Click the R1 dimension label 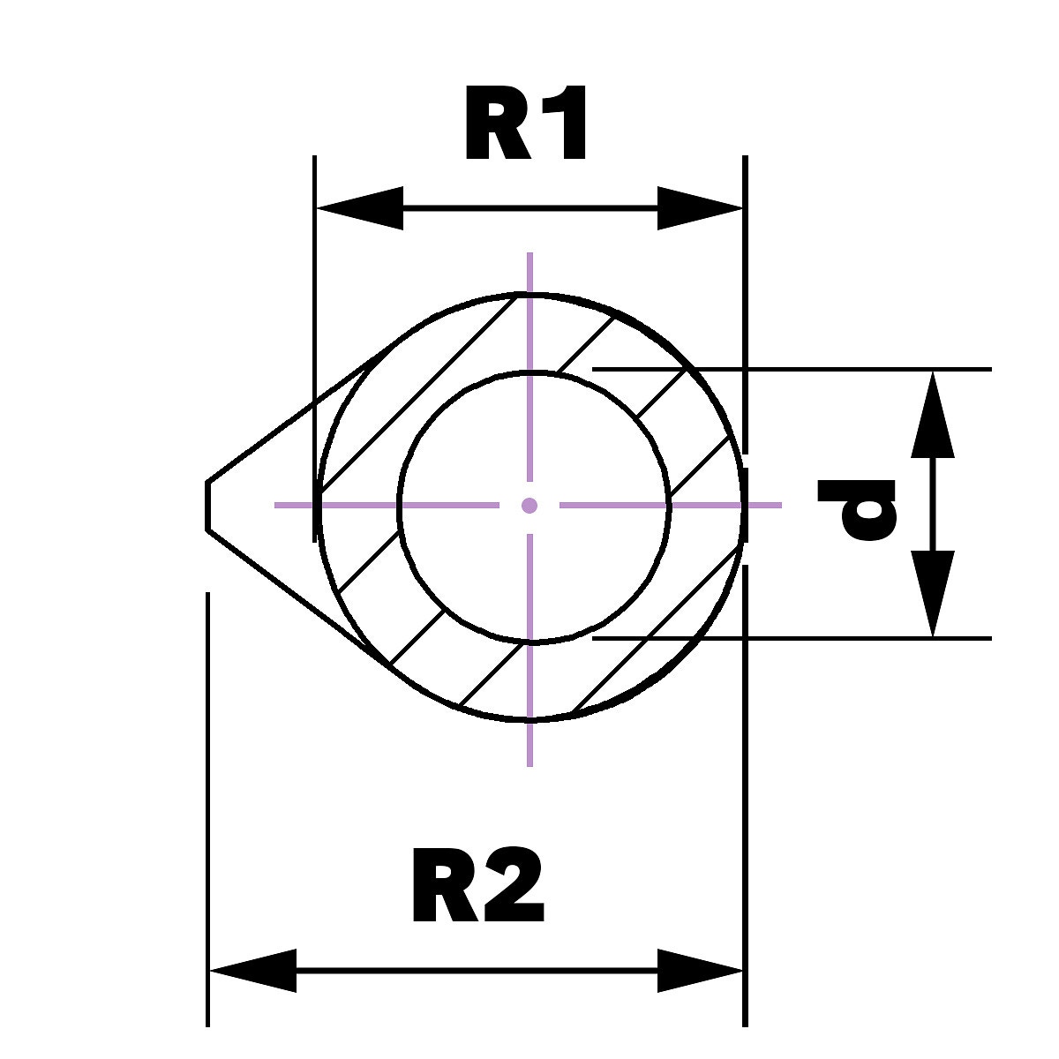tap(527, 125)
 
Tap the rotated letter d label tap(857, 508)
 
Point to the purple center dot tap(529, 506)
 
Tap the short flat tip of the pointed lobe tap(208, 507)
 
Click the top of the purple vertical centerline tap(529, 256)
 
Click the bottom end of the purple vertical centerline tap(529, 762)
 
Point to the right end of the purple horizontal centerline tap(778, 506)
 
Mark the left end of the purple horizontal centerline tap(278, 506)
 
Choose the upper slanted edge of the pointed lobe tap(291, 419)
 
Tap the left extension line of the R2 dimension tap(208, 794)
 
